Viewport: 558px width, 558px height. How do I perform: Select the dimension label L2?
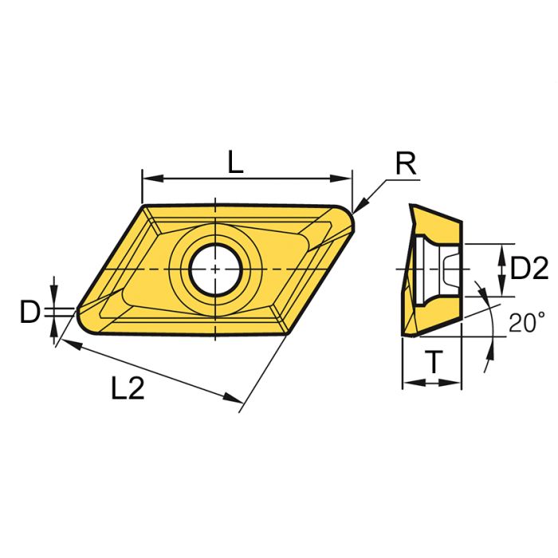point(128,388)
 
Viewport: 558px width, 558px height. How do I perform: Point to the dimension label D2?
point(529,269)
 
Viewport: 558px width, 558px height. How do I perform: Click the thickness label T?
point(432,363)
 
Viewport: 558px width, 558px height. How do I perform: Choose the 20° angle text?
point(526,323)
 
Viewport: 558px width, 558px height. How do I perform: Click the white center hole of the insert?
point(215,269)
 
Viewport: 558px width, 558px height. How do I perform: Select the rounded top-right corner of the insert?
point(348,214)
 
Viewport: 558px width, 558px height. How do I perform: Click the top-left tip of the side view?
point(411,205)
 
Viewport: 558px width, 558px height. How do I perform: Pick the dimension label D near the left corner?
point(29,312)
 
